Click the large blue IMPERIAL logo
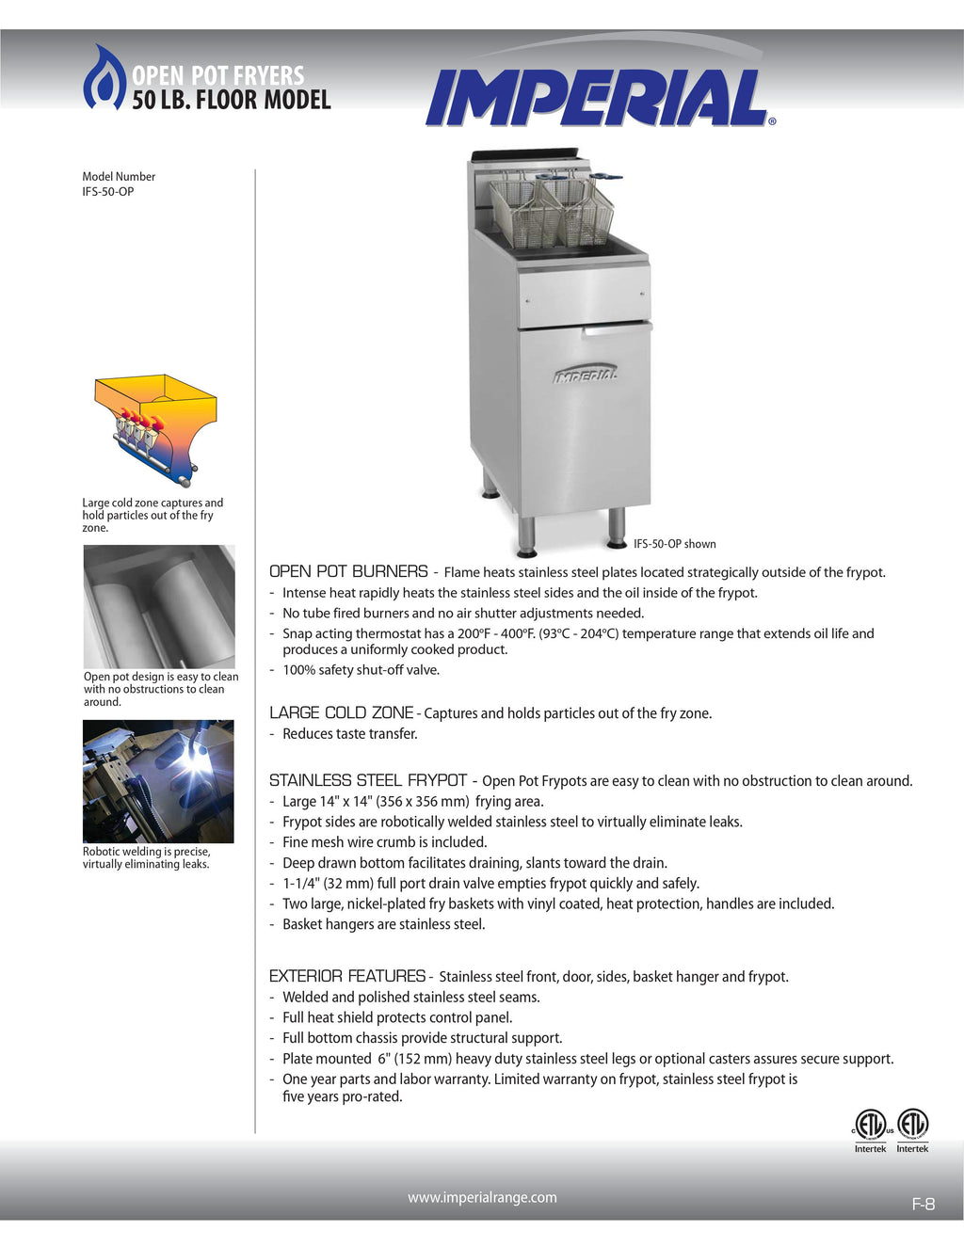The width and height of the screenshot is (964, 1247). (597, 98)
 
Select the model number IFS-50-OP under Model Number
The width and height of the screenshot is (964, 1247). (107, 192)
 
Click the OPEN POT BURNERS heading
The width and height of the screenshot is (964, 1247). (348, 571)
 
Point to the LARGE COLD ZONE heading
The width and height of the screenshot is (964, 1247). (341, 712)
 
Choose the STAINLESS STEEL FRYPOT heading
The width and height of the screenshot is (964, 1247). (368, 780)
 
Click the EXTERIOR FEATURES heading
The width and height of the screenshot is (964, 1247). (347, 976)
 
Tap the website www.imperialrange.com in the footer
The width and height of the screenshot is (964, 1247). (482, 1197)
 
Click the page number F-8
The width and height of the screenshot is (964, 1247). (923, 1204)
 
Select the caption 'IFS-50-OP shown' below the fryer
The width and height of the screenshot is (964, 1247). (674, 544)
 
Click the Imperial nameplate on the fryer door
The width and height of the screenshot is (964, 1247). (586, 375)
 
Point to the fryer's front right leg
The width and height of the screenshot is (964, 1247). (617, 528)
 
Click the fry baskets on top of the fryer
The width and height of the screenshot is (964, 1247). (551, 209)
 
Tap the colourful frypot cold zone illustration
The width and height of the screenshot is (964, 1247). (155, 428)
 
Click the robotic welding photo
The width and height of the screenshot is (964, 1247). (158, 781)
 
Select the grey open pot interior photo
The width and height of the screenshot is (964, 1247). (159, 606)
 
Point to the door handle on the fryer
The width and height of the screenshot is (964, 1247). (617, 328)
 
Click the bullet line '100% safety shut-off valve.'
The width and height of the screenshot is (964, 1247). (361, 670)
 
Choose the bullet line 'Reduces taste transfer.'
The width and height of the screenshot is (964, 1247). (349, 734)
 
